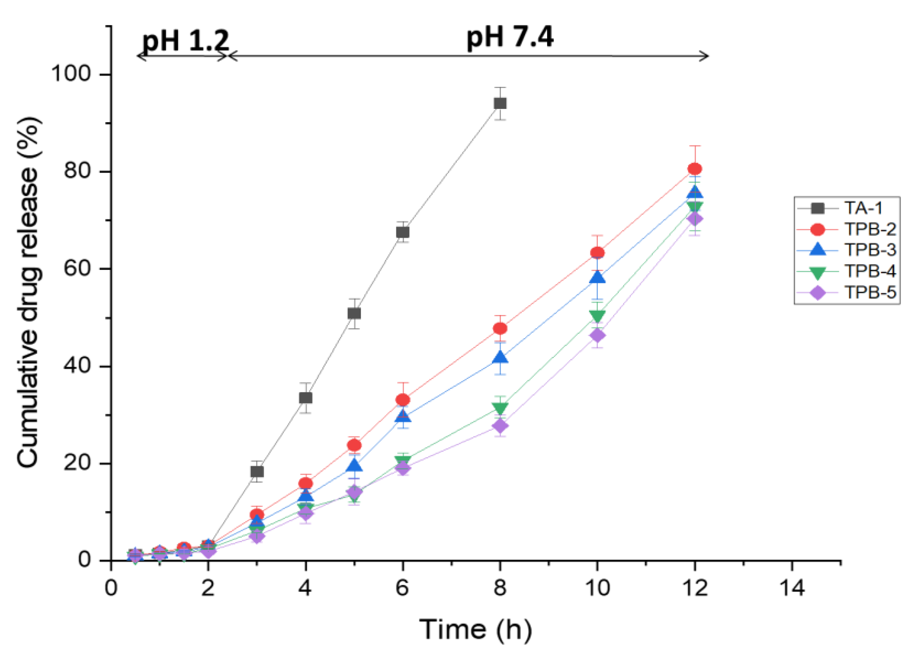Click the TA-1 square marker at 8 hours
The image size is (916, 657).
pyautogui.click(x=500, y=103)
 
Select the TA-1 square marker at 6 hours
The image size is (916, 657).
pyautogui.click(x=403, y=232)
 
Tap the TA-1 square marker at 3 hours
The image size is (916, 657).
pyautogui.click(x=257, y=472)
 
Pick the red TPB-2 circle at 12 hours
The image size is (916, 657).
pyautogui.click(x=695, y=169)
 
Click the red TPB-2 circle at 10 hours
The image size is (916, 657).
pyautogui.click(x=597, y=253)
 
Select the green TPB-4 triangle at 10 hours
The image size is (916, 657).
pyautogui.click(x=597, y=315)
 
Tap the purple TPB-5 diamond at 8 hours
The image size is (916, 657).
pyautogui.click(x=500, y=426)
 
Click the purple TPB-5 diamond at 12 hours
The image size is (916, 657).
pyautogui.click(x=695, y=219)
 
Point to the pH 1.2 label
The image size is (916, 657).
pyautogui.click(x=186, y=40)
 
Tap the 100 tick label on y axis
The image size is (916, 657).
pyautogui.click(x=75, y=75)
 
